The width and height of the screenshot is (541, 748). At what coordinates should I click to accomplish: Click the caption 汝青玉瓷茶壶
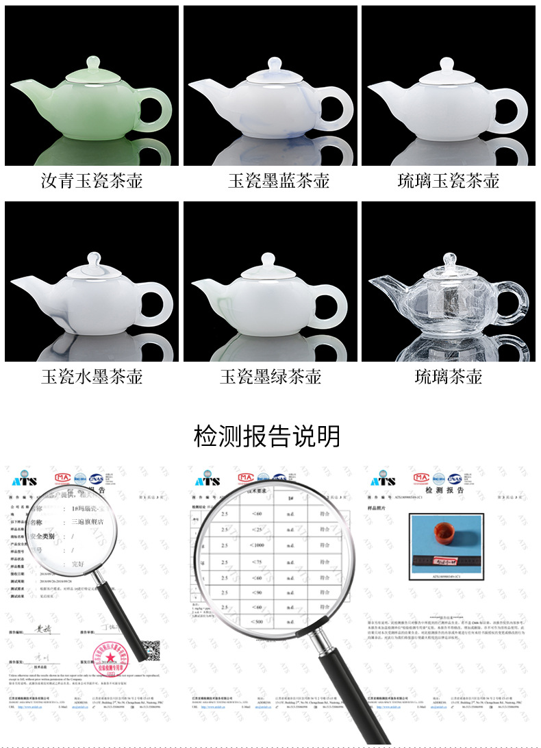[92, 181]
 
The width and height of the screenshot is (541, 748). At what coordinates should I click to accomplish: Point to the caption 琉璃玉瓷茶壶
[449, 181]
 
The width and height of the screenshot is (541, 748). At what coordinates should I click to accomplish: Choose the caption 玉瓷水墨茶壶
[92, 376]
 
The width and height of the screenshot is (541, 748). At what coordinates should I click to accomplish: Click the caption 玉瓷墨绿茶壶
[270, 376]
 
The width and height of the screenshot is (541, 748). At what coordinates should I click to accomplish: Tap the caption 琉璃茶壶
[449, 376]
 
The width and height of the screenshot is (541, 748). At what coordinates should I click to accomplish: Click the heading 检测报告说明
[267, 436]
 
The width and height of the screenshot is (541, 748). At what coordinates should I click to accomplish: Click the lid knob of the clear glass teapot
[449, 260]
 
